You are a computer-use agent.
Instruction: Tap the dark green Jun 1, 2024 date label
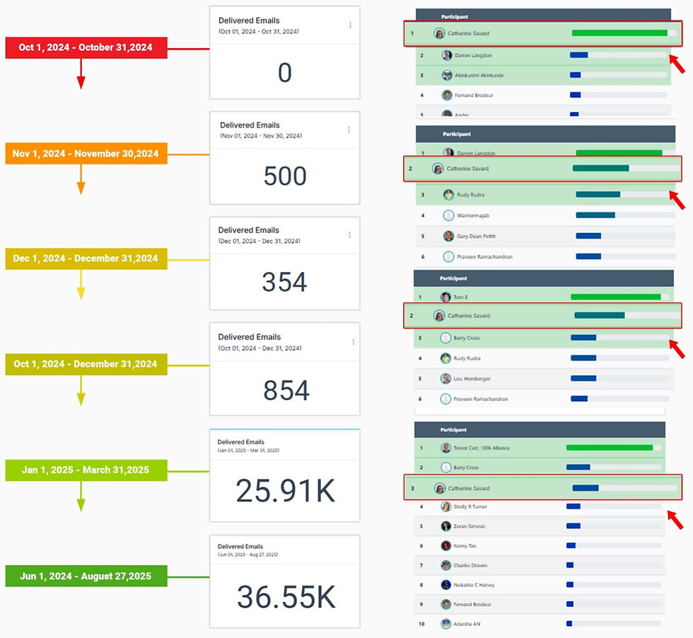(x=87, y=576)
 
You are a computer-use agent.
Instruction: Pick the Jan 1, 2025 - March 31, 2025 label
(x=86, y=469)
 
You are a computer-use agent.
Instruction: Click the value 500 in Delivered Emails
(x=285, y=176)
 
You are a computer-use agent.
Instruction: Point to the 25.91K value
(x=285, y=490)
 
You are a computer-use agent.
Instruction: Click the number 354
(x=284, y=282)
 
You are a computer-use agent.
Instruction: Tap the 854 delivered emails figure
(x=286, y=389)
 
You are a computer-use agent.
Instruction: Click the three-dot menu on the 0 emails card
(x=350, y=25)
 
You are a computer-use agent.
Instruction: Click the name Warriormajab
(x=473, y=215)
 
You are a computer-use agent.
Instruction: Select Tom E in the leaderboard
(x=460, y=297)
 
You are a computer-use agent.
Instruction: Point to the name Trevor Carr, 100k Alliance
(x=482, y=448)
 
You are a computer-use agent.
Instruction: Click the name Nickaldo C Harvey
(x=474, y=585)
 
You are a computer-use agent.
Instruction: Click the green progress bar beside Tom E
(x=615, y=297)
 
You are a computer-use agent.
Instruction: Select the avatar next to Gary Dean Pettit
(x=448, y=237)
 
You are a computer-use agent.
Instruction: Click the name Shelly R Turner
(x=470, y=507)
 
